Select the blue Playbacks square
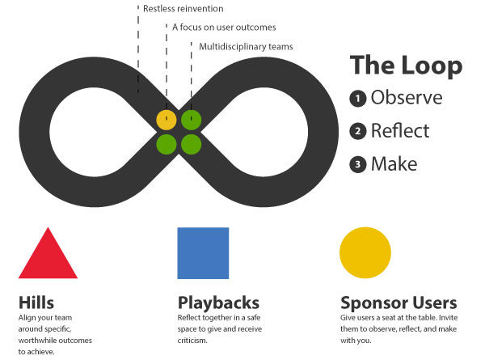[203, 253]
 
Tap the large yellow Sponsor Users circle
[365, 252]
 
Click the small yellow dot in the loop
[167, 120]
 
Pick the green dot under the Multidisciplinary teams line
[191, 120]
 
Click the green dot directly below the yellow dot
[167, 144]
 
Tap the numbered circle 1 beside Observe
[358, 99]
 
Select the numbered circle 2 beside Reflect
[358, 131]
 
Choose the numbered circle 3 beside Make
[358, 164]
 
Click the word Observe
[407, 98]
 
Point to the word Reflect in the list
[400, 130]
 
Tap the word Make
[394, 163]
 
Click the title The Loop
[406, 66]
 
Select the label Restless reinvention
[183, 9]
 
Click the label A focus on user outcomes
[224, 28]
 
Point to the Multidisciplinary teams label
[246, 47]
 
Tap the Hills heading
[36, 303]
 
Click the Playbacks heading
[218, 303]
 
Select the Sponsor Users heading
[399, 303]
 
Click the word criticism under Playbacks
[192, 341]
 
